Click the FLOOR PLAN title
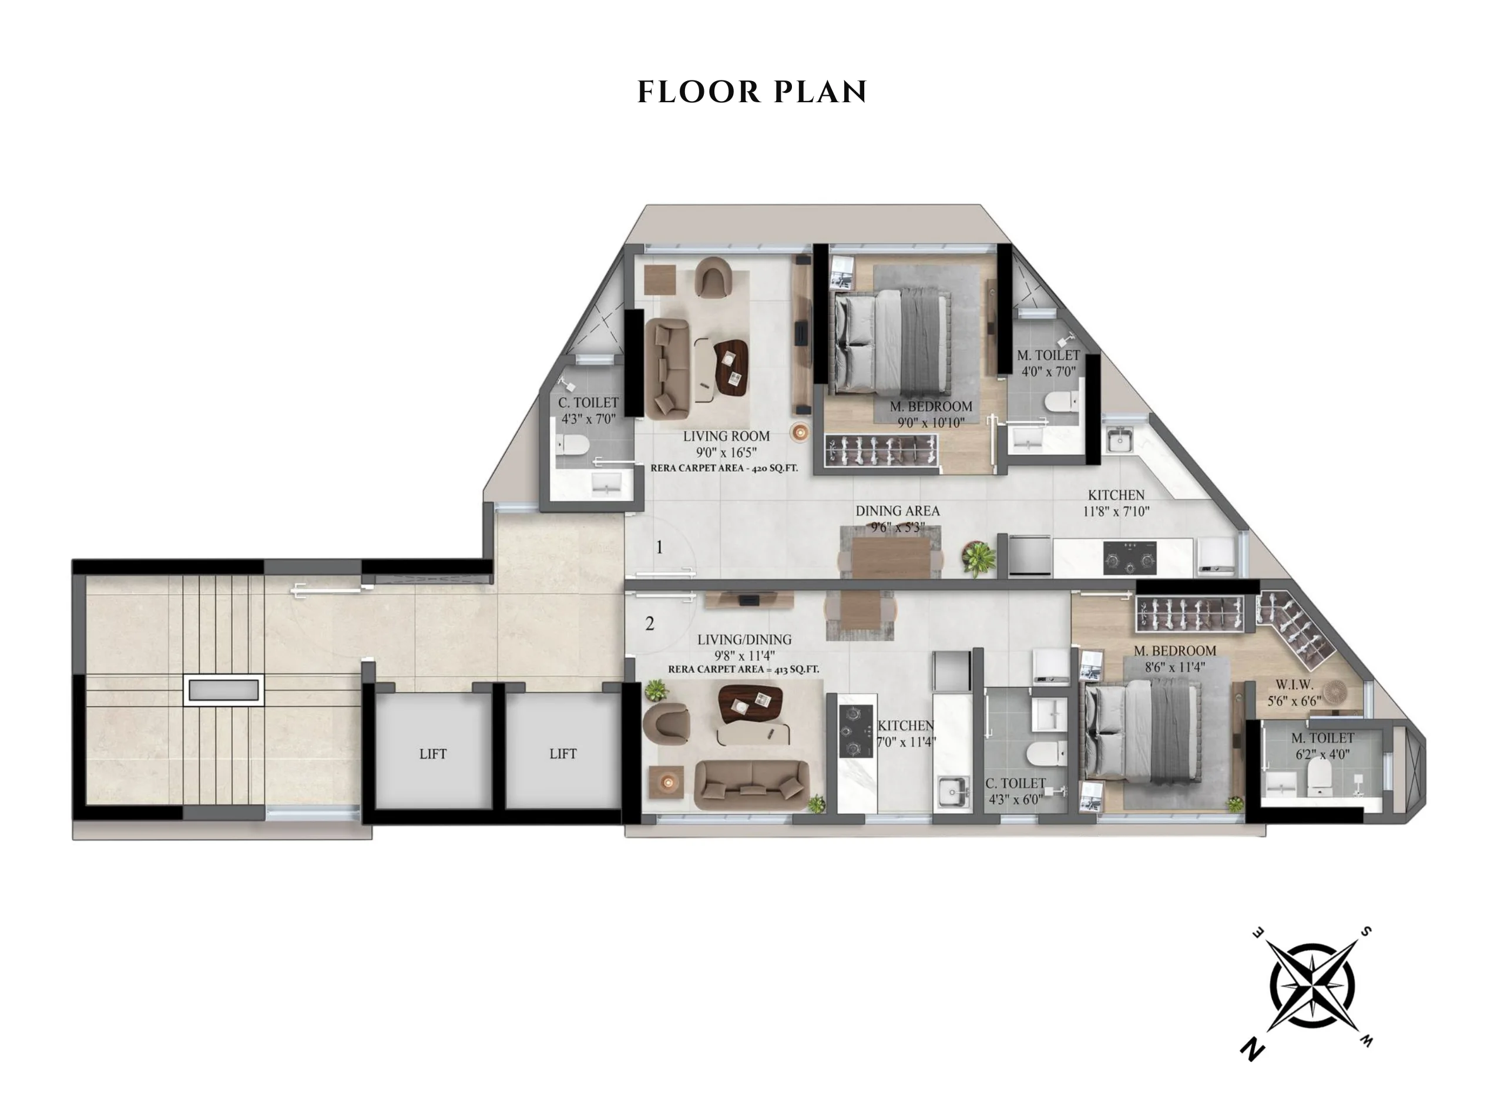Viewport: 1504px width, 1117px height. click(751, 92)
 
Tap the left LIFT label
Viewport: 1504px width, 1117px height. click(432, 754)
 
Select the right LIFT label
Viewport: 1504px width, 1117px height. click(562, 754)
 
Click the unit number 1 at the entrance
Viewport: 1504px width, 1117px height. click(660, 547)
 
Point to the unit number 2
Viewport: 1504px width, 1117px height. click(650, 623)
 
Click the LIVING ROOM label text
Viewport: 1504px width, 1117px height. click(726, 436)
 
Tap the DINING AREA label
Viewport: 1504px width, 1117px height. click(898, 511)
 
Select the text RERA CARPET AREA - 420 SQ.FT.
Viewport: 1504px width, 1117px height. click(724, 468)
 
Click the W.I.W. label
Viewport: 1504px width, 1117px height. click(1294, 685)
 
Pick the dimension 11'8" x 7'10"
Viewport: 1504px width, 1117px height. click(1116, 512)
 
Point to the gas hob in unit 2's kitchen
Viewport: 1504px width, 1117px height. click(855, 731)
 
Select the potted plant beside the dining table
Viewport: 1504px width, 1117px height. click(979, 558)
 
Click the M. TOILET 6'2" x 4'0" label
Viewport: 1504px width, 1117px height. click(1322, 746)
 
